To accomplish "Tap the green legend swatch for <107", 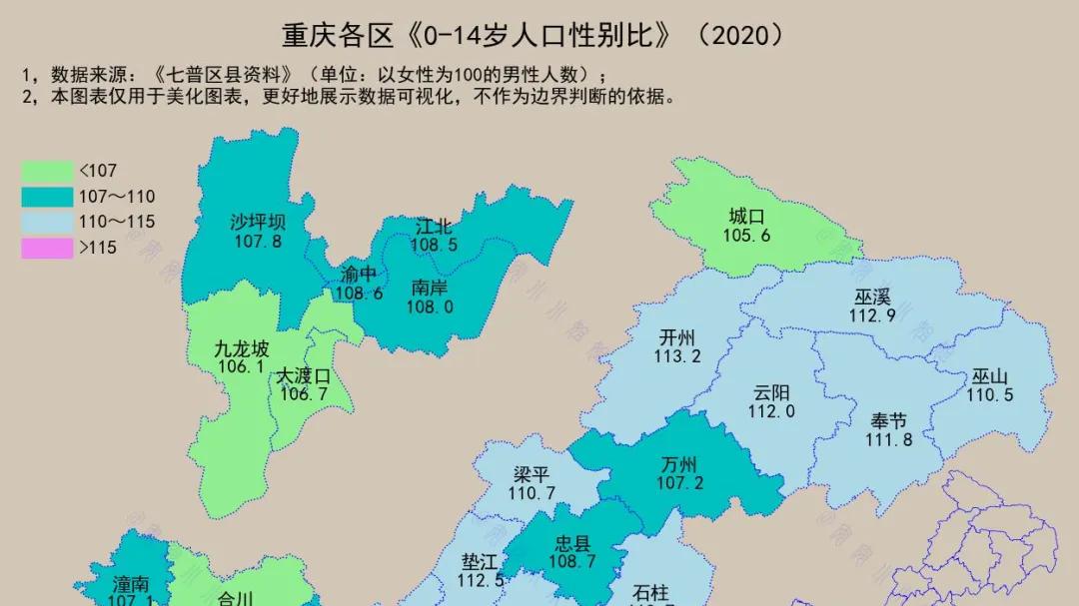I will pyautogui.click(x=47, y=171).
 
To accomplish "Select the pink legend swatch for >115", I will pyautogui.click(x=47, y=248).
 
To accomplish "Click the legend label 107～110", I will pyautogui.click(x=117, y=197).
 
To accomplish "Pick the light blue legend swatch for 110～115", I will pyautogui.click(x=47, y=222).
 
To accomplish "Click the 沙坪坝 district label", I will pyautogui.click(x=258, y=222).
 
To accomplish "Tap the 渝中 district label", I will pyautogui.click(x=359, y=274).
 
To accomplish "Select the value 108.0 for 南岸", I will pyautogui.click(x=430, y=307).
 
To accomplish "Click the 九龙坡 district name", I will pyautogui.click(x=242, y=349).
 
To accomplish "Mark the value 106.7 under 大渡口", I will pyautogui.click(x=304, y=394).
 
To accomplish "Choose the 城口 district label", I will pyautogui.click(x=746, y=217).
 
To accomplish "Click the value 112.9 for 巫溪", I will pyautogui.click(x=871, y=315).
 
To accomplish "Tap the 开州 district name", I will pyautogui.click(x=677, y=337).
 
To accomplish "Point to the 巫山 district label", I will pyautogui.click(x=990, y=377).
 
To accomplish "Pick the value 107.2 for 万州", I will pyautogui.click(x=679, y=483).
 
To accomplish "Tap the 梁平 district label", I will pyautogui.click(x=532, y=475).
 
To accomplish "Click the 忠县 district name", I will pyautogui.click(x=572, y=544).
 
